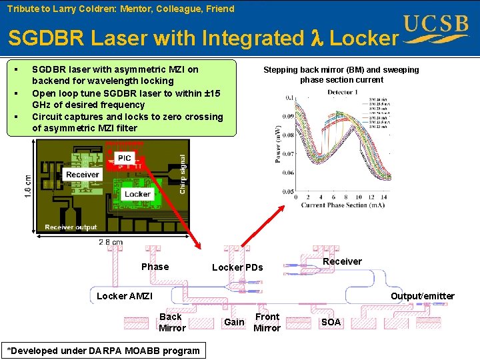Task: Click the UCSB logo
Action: pyautogui.click(x=436, y=29)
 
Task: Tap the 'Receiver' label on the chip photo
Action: pyautogui.click(x=83, y=175)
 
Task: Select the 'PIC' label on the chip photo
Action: pyautogui.click(x=125, y=158)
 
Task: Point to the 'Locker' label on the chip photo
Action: pyautogui.click(x=137, y=194)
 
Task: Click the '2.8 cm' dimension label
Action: pyautogui.click(x=110, y=242)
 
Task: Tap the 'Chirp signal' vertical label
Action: pyautogui.click(x=183, y=175)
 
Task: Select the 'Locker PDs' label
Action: pyautogui.click(x=237, y=268)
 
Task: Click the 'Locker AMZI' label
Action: pyautogui.click(x=125, y=296)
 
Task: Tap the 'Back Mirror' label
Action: pyautogui.click(x=171, y=322)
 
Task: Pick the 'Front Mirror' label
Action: pyautogui.click(x=267, y=322)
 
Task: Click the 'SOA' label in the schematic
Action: pyautogui.click(x=331, y=322)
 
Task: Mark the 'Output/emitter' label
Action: pyautogui.click(x=423, y=296)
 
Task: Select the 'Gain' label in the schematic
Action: pyautogui.click(x=234, y=322)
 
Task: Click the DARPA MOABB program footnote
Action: pyautogui.click(x=103, y=351)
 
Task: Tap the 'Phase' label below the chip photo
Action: pyautogui.click(x=155, y=267)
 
